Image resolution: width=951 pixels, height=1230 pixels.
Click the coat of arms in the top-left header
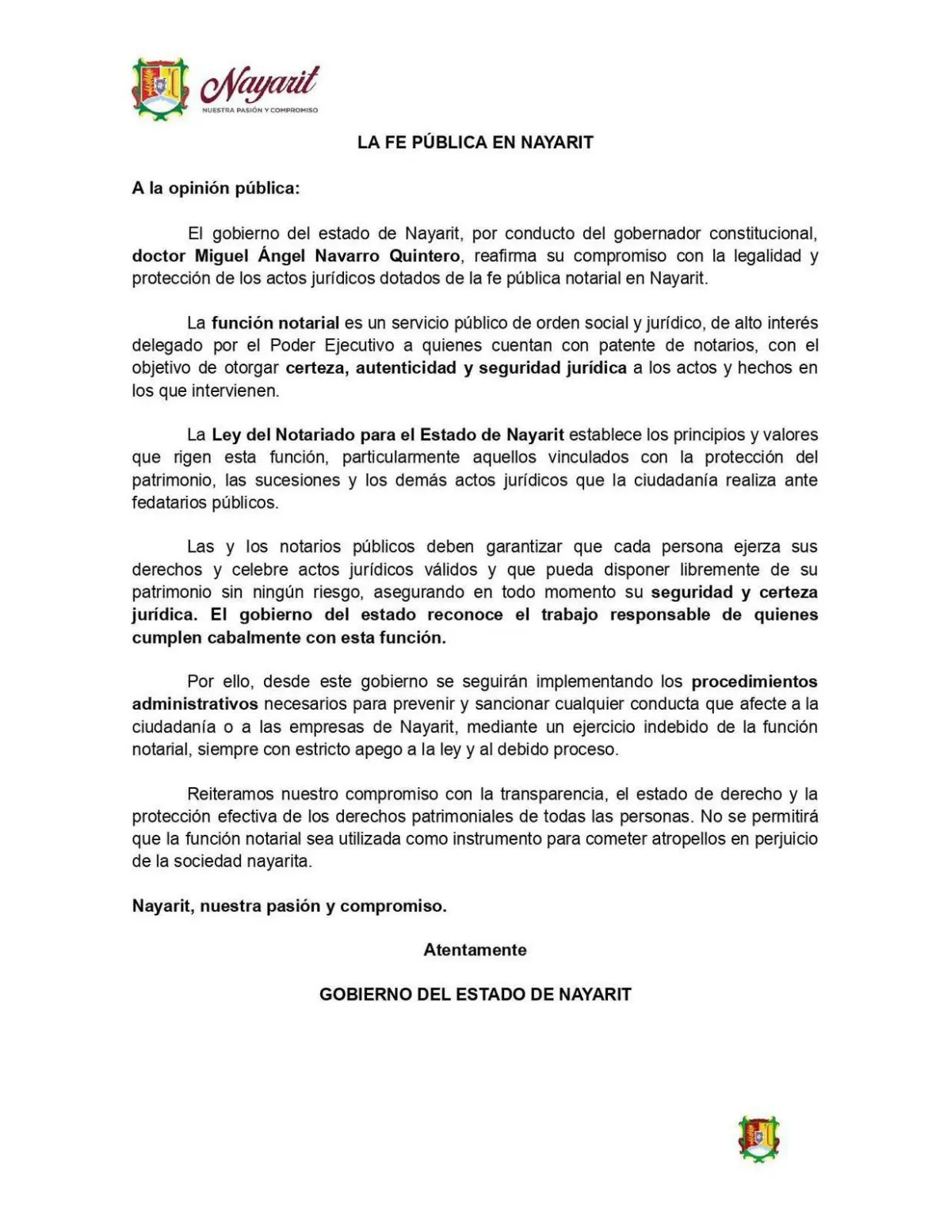160,89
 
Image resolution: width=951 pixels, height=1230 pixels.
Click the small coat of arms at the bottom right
758,1139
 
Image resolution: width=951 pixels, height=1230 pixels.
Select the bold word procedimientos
754,681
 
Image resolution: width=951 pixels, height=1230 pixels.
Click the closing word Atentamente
475,950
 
